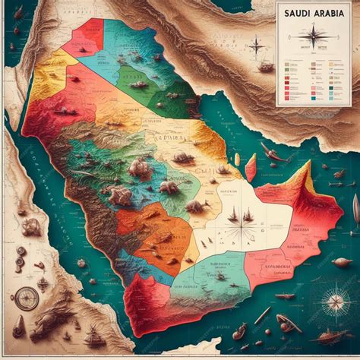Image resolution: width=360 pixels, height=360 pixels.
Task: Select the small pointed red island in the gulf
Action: tap(250, 167)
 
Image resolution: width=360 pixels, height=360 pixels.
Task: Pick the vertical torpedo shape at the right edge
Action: tap(355, 209)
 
